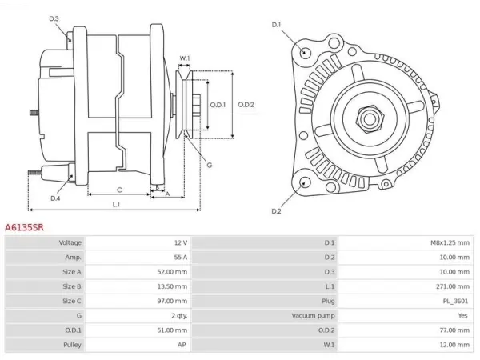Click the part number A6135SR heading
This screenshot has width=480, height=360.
tap(24, 227)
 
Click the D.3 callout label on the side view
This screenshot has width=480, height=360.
tap(54, 18)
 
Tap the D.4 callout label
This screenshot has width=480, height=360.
tap(55, 198)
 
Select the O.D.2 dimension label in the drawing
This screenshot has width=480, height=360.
tap(246, 105)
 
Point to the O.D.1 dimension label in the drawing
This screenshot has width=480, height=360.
tap(218, 105)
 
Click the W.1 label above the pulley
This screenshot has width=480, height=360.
tap(185, 58)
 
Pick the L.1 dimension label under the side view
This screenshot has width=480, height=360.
tap(116, 204)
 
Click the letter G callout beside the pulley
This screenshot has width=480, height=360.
tap(210, 166)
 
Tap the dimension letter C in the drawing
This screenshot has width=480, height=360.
tap(119, 190)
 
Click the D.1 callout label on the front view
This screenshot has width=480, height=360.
tap(276, 25)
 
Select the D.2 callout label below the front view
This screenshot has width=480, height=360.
tap(276, 211)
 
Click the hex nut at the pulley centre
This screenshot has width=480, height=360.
tap(370, 118)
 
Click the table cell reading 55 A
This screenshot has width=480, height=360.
tap(181, 258)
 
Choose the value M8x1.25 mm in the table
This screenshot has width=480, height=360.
tap(450, 242)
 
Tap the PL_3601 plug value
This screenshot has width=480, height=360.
tap(455, 302)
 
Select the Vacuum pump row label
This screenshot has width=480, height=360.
tap(313, 316)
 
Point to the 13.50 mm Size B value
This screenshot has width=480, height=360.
tap(172, 286)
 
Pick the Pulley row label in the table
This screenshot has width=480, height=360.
tap(72, 345)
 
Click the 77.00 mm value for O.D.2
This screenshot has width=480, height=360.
tap(454, 330)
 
